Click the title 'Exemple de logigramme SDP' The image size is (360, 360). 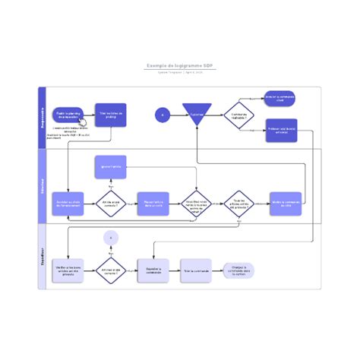coord(180,66)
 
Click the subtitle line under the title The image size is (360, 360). coord(180,73)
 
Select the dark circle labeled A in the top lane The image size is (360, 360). coord(162,115)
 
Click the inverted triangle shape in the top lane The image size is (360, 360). coord(197,113)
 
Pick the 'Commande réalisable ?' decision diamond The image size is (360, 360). coord(238,115)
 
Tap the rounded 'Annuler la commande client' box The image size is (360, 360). coord(279,98)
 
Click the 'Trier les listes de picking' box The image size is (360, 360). coord(110,115)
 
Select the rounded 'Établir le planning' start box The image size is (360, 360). coord(68,115)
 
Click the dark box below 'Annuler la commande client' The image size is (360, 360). coord(281,130)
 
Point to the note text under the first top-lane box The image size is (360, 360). coord(68,133)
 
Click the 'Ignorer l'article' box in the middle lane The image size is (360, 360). coord(110,166)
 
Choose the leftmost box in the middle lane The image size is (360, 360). coord(68,203)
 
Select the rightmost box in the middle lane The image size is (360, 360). coord(286,203)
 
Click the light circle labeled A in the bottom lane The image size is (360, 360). coord(111,238)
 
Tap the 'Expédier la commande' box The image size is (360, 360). coord(153,270)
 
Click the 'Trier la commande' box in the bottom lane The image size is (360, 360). coord(196,270)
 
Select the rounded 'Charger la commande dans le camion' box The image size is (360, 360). coord(238,270)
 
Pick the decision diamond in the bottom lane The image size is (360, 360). coord(111,270)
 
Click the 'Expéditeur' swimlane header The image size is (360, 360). coord(43,255)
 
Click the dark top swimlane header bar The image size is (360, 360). coord(43,117)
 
